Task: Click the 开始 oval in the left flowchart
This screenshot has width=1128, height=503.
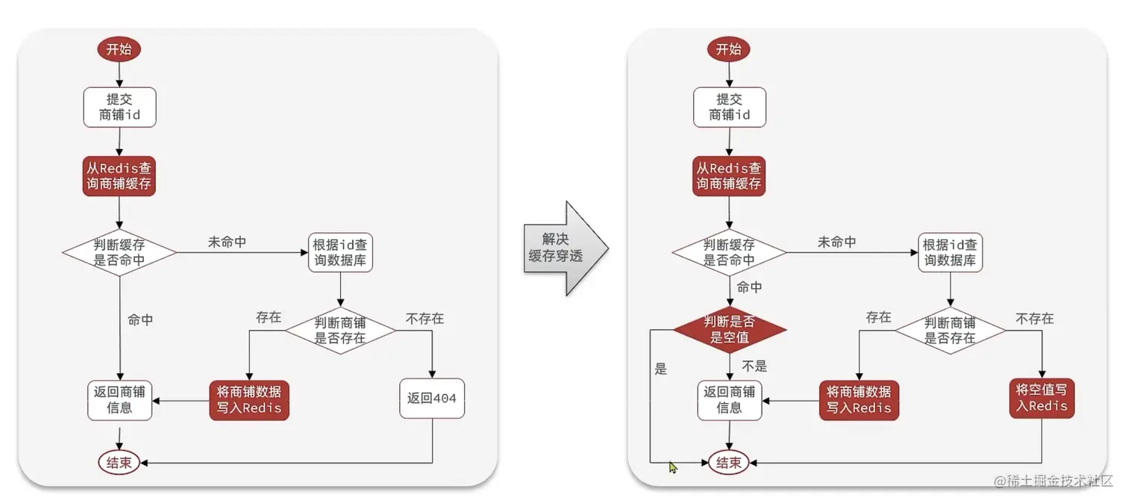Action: point(119,49)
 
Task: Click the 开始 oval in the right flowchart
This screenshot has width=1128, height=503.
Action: point(728,49)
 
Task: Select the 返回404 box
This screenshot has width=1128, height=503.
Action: point(433,399)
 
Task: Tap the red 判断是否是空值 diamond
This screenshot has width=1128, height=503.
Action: point(729,329)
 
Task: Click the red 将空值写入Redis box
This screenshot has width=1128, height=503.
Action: point(1042,398)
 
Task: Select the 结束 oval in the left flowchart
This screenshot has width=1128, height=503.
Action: point(119,463)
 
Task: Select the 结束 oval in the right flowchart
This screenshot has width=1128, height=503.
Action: point(728,463)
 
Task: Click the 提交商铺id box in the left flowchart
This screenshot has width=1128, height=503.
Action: point(119,107)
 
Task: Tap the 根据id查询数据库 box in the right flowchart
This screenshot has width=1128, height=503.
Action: point(950,252)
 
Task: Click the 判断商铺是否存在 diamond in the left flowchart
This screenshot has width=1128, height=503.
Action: point(341,329)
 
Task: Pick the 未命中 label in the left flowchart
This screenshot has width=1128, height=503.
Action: point(227,243)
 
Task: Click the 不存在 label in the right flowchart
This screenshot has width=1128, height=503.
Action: point(1035,319)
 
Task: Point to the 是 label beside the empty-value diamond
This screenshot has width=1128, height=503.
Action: point(660,369)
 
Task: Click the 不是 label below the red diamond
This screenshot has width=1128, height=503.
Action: point(754,366)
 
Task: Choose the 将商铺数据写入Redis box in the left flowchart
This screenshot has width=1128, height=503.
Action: point(248,399)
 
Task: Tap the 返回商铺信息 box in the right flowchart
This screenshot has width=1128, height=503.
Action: point(729,400)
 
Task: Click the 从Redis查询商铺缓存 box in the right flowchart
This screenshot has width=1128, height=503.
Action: point(728,176)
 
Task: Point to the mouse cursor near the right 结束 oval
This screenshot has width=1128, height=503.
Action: point(673,467)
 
